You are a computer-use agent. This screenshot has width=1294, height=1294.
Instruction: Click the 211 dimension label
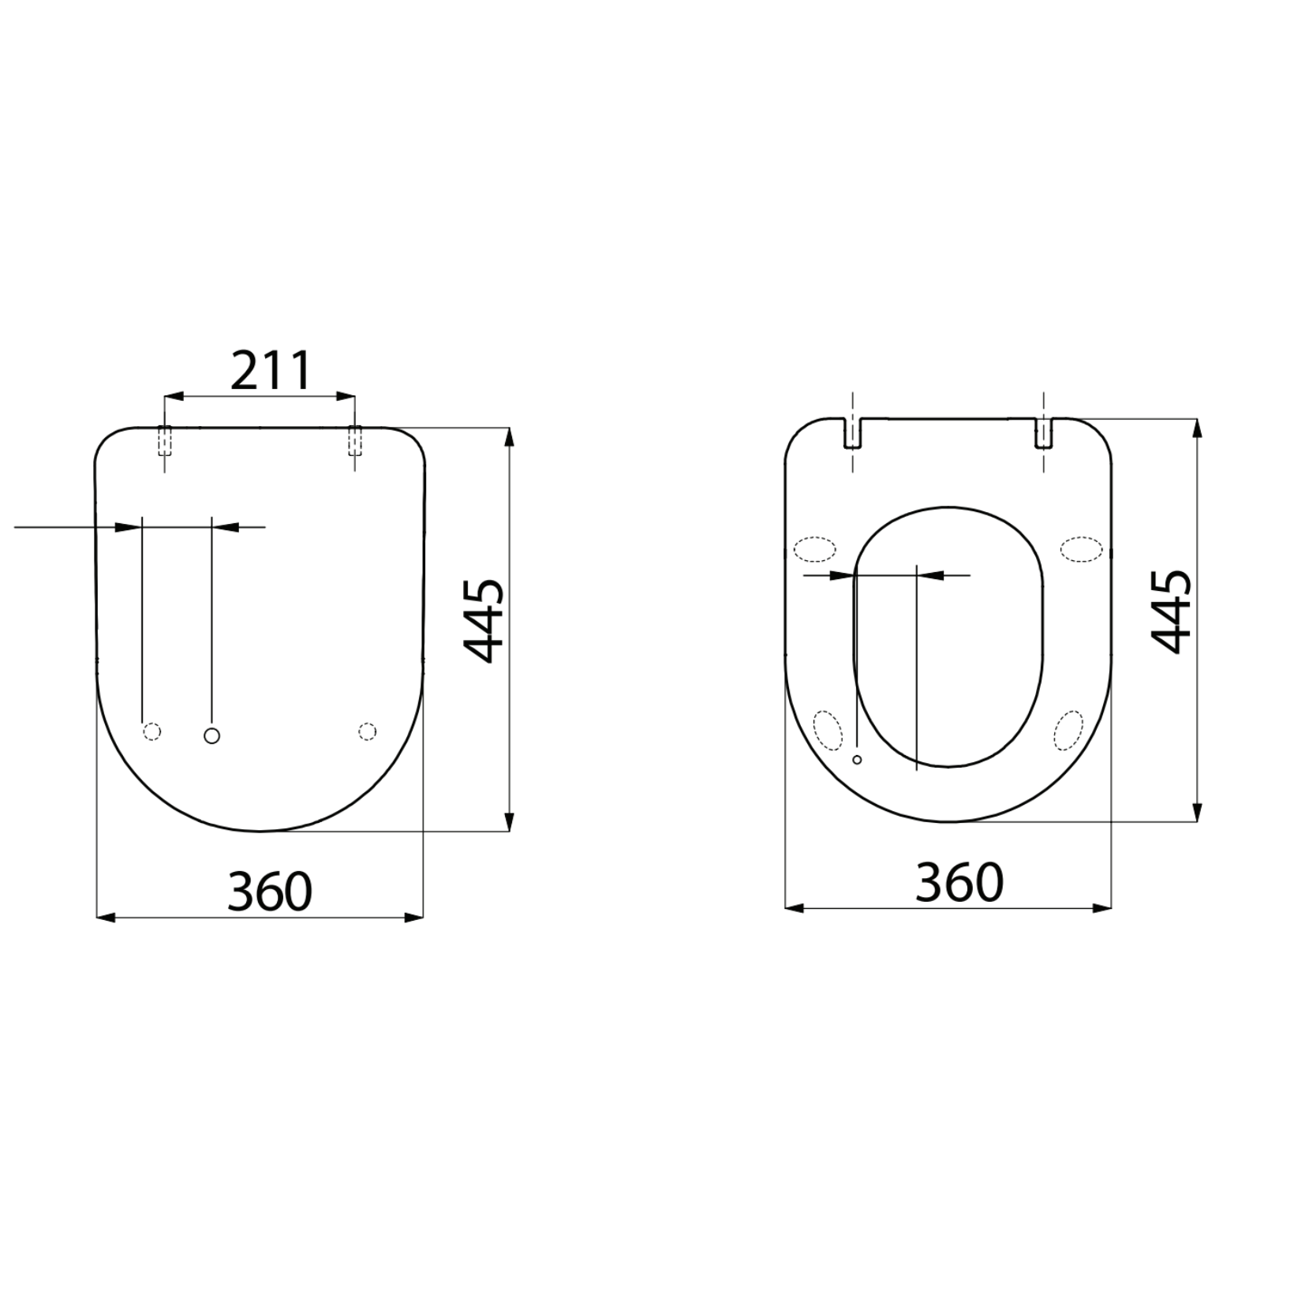point(271,372)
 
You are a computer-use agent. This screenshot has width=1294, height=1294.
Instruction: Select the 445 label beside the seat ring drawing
point(1171,611)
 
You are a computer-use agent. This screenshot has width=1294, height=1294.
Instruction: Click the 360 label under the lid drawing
point(270,891)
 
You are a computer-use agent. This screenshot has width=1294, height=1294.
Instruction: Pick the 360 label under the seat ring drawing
point(959,882)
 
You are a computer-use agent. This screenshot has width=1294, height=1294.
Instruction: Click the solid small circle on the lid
point(211,735)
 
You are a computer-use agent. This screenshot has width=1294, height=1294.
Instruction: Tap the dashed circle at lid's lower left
point(152,731)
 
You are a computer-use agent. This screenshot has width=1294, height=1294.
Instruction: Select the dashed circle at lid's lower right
point(367,731)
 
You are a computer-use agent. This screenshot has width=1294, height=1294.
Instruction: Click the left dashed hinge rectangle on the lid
point(164,441)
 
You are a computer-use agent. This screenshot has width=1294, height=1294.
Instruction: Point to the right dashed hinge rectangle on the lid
point(355,441)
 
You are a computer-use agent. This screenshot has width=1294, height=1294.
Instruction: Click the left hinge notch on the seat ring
point(853,433)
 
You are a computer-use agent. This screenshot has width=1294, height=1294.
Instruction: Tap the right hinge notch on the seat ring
point(1043,433)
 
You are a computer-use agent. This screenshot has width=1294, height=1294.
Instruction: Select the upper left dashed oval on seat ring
point(814,549)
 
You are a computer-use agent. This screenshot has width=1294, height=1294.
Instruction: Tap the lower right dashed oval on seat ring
point(1069,729)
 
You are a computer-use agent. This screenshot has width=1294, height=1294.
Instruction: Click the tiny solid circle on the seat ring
point(858,759)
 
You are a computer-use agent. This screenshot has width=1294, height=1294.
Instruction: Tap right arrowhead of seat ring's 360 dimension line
point(1104,908)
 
